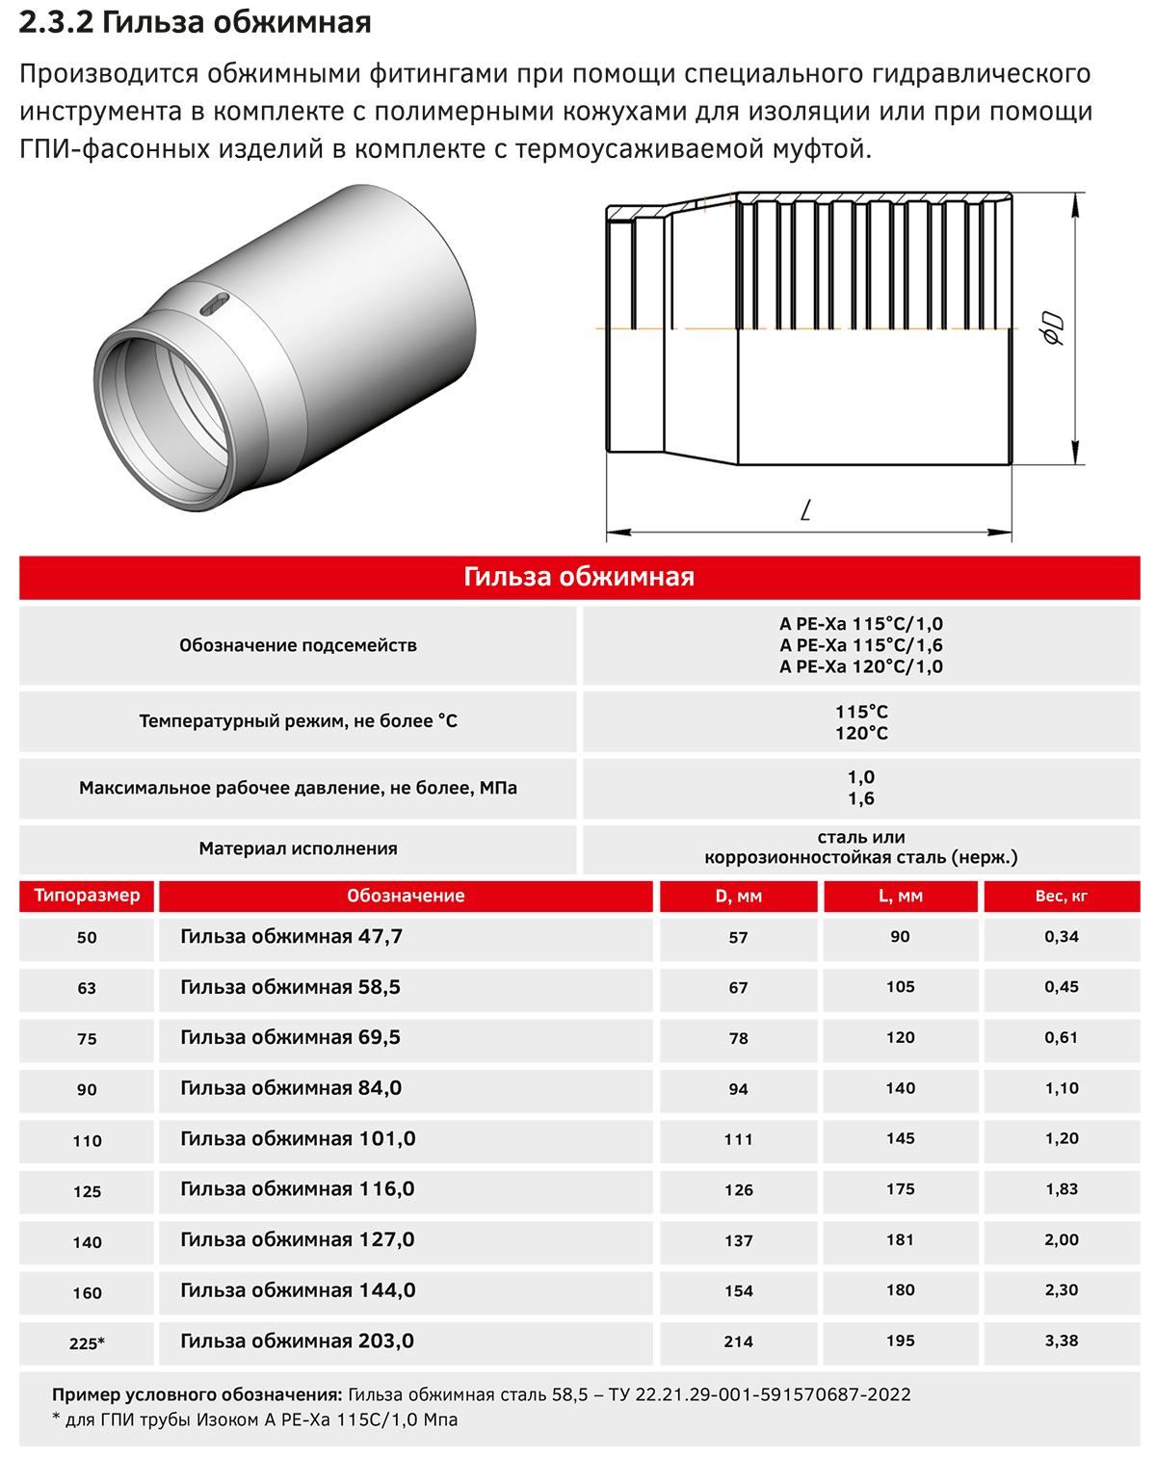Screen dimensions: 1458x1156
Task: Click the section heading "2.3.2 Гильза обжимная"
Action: pyautogui.click(x=195, y=22)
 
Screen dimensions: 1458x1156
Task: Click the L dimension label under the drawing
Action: pyautogui.click(x=807, y=508)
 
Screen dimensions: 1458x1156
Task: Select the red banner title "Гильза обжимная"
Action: pyautogui.click(x=579, y=577)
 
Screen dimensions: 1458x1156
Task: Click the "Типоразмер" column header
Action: pyautogui.click(x=87, y=896)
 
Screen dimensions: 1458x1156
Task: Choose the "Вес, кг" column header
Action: pyautogui.click(x=1061, y=896)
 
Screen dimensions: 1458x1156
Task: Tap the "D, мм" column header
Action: pyautogui.click(x=738, y=896)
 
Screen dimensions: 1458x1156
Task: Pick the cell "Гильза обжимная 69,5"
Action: pyautogui.click(x=290, y=1038)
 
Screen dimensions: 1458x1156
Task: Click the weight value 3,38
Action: pyautogui.click(x=1061, y=1341)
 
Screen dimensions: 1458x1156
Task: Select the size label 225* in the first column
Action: pyautogui.click(x=87, y=1342)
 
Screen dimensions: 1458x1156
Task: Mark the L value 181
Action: pyautogui.click(x=900, y=1239)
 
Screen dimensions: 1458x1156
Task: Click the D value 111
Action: pyautogui.click(x=738, y=1139)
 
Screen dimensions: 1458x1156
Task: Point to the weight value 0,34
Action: pyautogui.click(x=1061, y=936)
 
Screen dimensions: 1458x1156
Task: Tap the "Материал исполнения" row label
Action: pyautogui.click(x=298, y=848)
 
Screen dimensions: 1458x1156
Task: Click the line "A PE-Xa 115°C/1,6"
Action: pyautogui.click(x=861, y=645)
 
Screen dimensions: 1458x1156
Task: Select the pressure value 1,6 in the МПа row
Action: pyautogui.click(x=861, y=798)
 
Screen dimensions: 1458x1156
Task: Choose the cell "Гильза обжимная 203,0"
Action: pyautogui.click(x=297, y=1341)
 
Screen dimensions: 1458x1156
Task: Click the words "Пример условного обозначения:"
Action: pyautogui.click(x=197, y=1394)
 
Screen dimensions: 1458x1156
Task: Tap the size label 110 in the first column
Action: pyautogui.click(x=87, y=1140)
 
